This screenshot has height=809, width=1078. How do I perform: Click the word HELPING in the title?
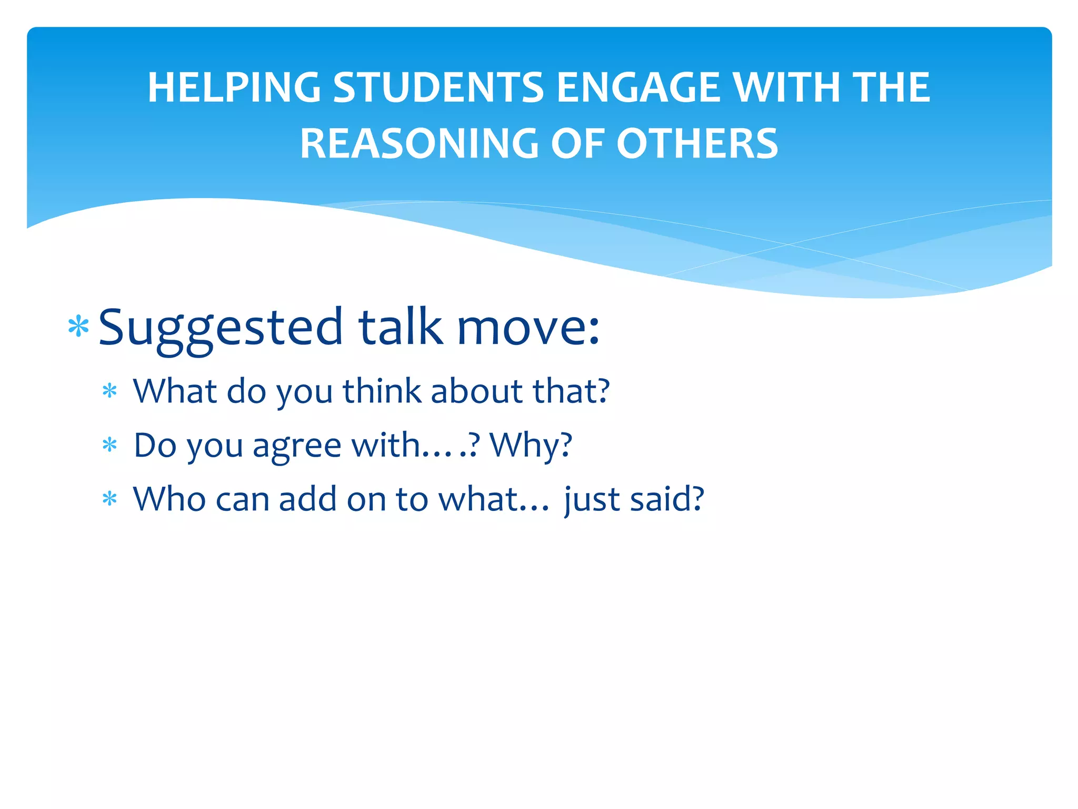[234, 87]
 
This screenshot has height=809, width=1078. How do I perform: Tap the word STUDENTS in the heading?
[438, 87]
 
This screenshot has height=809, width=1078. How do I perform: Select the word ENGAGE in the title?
[637, 87]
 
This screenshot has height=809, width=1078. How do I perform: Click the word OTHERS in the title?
[697, 144]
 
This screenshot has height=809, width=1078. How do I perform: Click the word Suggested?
[221, 328]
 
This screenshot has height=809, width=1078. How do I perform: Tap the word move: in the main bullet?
[528, 328]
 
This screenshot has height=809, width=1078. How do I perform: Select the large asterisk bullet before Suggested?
[78, 327]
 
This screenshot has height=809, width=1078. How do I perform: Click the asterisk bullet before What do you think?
[109, 391]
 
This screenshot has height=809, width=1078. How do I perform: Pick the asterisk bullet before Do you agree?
[109, 446]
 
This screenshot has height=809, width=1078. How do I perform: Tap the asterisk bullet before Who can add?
[109, 499]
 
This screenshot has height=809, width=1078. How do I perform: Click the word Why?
[531, 446]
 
